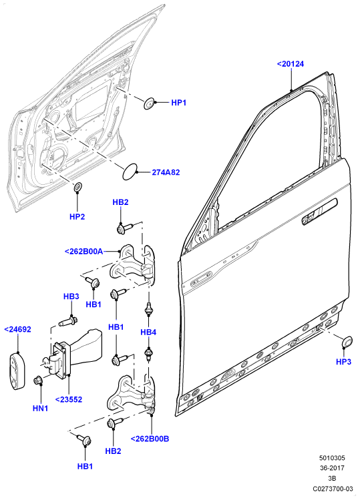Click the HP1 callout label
(178, 103)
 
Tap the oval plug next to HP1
(149, 103)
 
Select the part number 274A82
(166, 172)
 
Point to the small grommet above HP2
(77, 187)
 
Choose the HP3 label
(343, 362)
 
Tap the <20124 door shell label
(291, 64)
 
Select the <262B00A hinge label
(84, 252)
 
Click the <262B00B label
(150, 439)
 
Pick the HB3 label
(71, 296)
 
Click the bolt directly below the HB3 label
(68, 320)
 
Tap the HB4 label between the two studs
(148, 332)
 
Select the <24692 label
(17, 329)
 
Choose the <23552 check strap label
(69, 399)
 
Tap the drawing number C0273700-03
(333, 489)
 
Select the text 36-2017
(332, 468)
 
